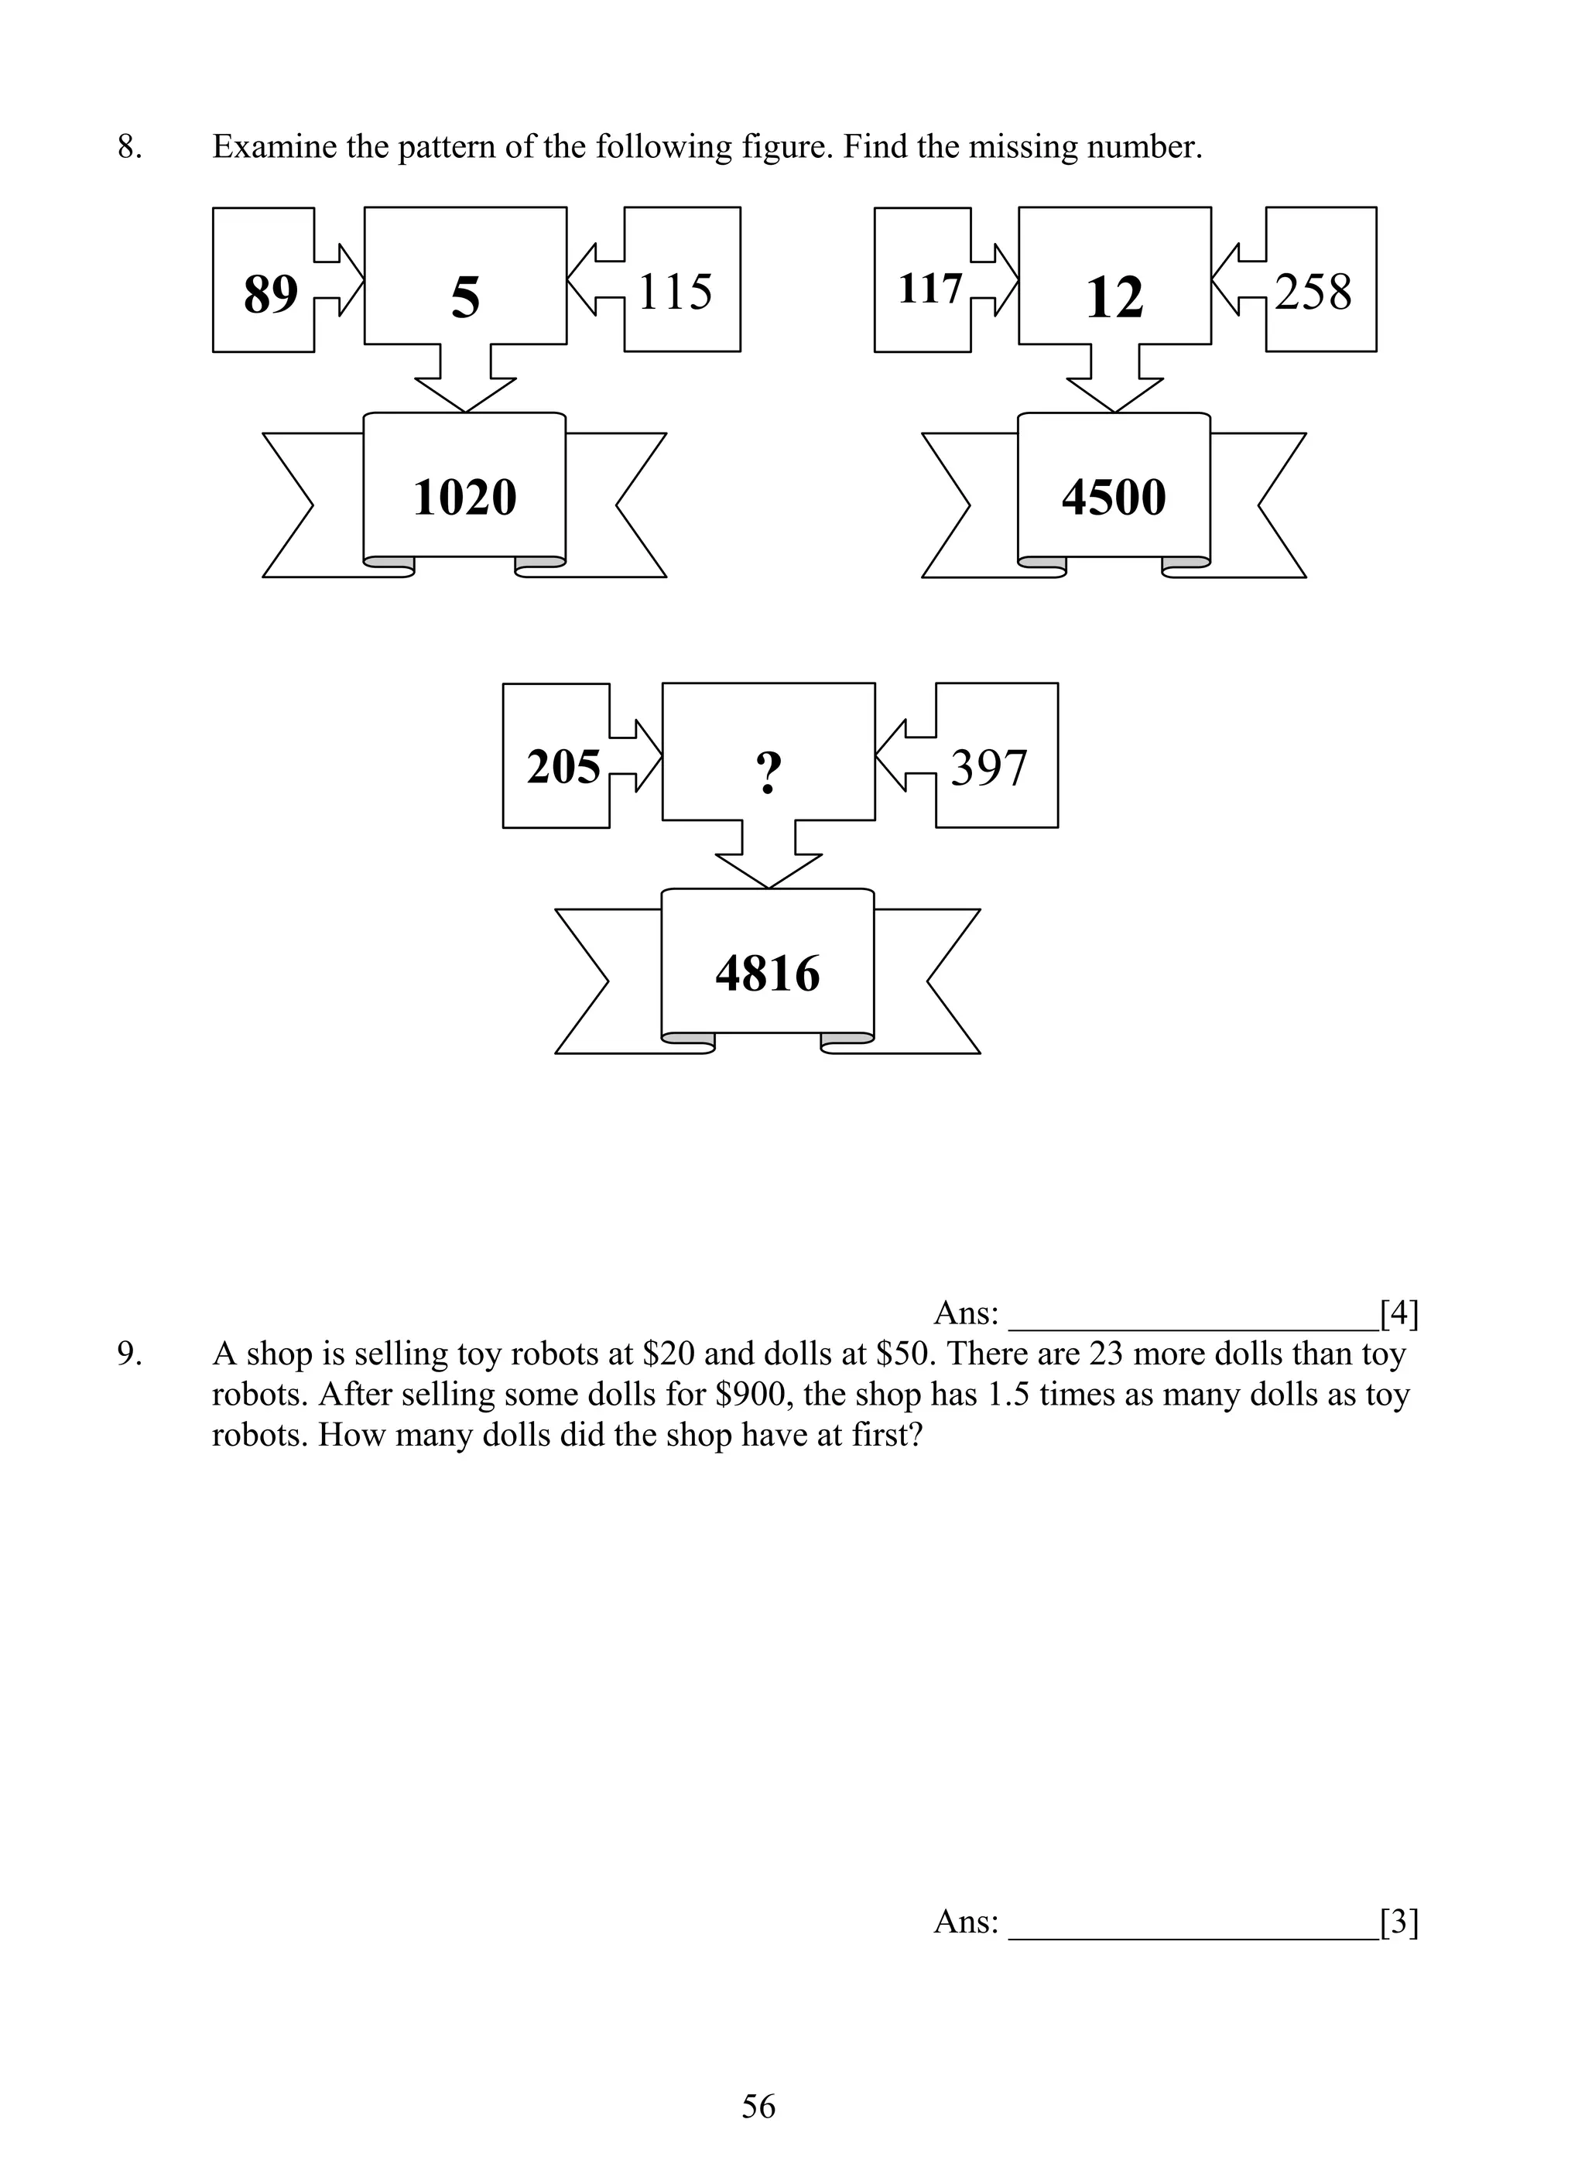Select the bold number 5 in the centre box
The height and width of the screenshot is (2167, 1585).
click(x=465, y=297)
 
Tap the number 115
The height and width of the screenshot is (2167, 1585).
click(x=675, y=292)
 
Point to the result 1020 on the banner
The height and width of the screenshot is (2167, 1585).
click(x=464, y=497)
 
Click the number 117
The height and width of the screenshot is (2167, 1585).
click(x=929, y=289)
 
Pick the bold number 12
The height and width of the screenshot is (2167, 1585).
click(x=1114, y=297)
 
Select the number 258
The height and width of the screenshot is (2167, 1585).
click(x=1313, y=292)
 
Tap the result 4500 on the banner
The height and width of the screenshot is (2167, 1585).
click(x=1114, y=497)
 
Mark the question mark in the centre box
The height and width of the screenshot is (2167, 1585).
click(x=769, y=772)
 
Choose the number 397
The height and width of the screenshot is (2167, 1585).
click(x=988, y=769)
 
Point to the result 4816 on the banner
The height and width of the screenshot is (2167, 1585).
click(x=768, y=974)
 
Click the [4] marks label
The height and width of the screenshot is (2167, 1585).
click(x=1398, y=1313)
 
